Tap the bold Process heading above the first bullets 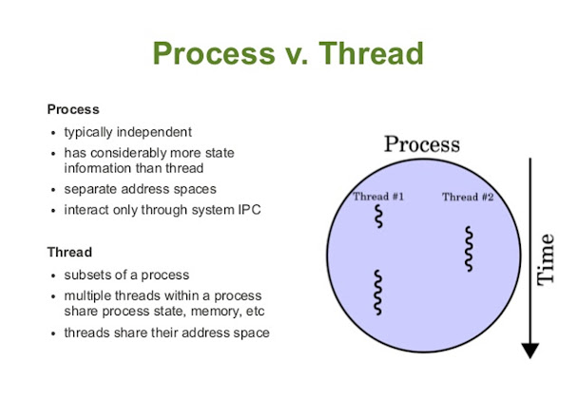click(73, 110)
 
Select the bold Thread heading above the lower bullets click(69, 253)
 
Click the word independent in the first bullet click(156, 132)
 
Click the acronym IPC click(247, 210)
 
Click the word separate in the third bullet click(90, 189)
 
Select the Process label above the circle click(421, 144)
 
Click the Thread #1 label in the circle click(378, 197)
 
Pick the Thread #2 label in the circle click(468, 197)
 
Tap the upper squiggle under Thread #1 click(377, 218)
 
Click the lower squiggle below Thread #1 click(378, 292)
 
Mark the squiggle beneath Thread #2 click(468, 249)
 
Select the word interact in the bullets click(87, 210)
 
